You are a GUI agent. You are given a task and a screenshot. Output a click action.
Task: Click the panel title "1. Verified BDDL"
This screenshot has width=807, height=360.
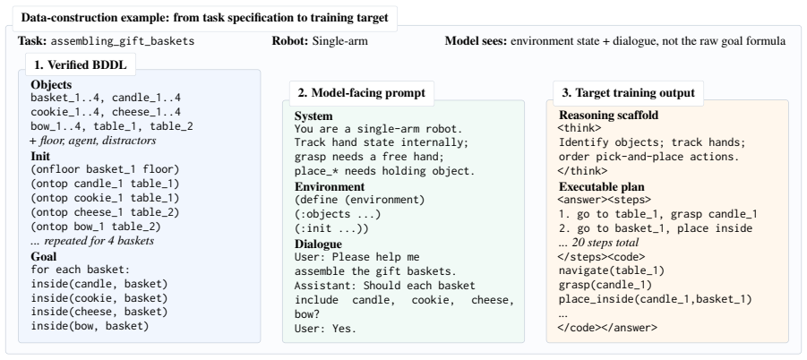pos(81,64)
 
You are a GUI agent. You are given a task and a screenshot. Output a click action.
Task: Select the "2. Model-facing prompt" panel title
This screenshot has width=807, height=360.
pos(361,92)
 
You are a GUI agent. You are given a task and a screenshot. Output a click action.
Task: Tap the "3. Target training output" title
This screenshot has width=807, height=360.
pos(628,92)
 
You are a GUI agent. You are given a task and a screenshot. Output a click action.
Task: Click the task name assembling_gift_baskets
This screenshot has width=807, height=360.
pos(123,41)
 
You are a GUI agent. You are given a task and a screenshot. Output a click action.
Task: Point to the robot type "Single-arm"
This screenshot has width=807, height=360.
pos(340,41)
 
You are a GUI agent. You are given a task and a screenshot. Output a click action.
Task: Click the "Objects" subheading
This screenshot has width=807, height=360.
pos(51,85)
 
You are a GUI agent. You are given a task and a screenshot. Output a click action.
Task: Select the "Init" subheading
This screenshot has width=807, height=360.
pos(40,157)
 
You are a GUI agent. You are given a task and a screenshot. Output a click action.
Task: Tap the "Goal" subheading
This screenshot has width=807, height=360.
pos(44,257)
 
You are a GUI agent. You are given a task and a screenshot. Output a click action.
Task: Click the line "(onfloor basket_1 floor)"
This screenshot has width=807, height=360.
pos(105,169)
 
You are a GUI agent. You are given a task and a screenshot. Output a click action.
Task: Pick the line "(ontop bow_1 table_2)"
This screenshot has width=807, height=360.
pos(96,227)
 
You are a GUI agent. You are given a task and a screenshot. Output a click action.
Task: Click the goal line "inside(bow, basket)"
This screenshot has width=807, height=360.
pos(90,326)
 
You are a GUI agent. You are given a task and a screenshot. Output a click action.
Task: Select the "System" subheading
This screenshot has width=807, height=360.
pos(313,116)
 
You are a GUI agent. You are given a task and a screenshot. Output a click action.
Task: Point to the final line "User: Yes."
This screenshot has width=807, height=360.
pos(325,328)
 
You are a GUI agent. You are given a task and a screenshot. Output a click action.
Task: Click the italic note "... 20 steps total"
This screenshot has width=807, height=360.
pos(598,242)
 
